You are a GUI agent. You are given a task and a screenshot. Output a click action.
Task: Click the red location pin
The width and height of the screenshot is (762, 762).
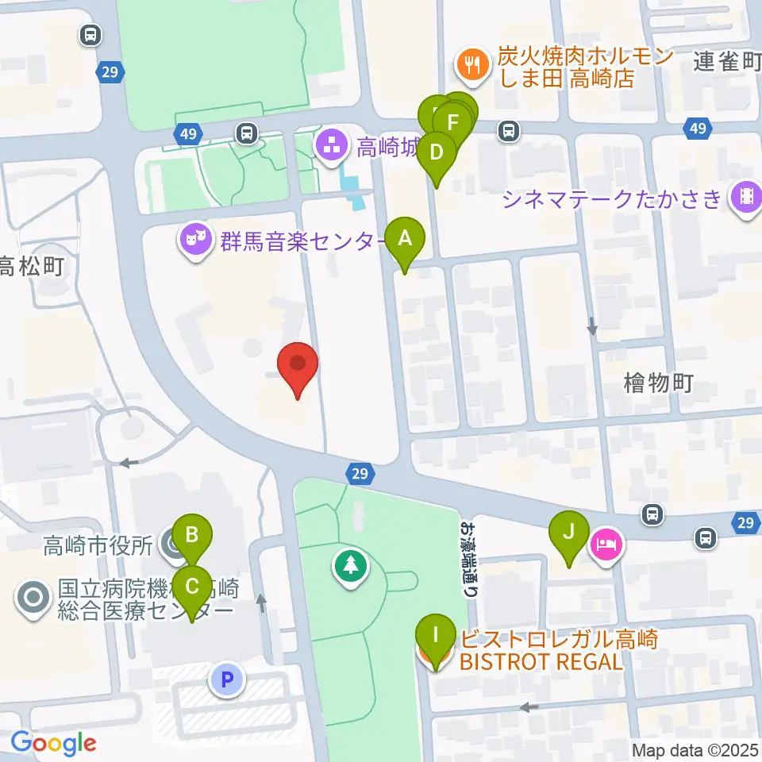[298, 368]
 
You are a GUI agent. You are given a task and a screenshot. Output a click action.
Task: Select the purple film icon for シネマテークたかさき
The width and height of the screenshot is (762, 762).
[745, 197]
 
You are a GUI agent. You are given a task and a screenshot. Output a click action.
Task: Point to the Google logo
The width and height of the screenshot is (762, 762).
[53, 744]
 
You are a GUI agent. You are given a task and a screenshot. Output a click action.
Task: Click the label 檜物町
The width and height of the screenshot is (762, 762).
[659, 384]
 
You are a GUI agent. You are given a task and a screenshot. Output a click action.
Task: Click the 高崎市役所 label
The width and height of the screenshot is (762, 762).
[98, 546]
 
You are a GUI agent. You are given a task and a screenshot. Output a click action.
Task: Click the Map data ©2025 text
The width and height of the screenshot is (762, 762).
[695, 750]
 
